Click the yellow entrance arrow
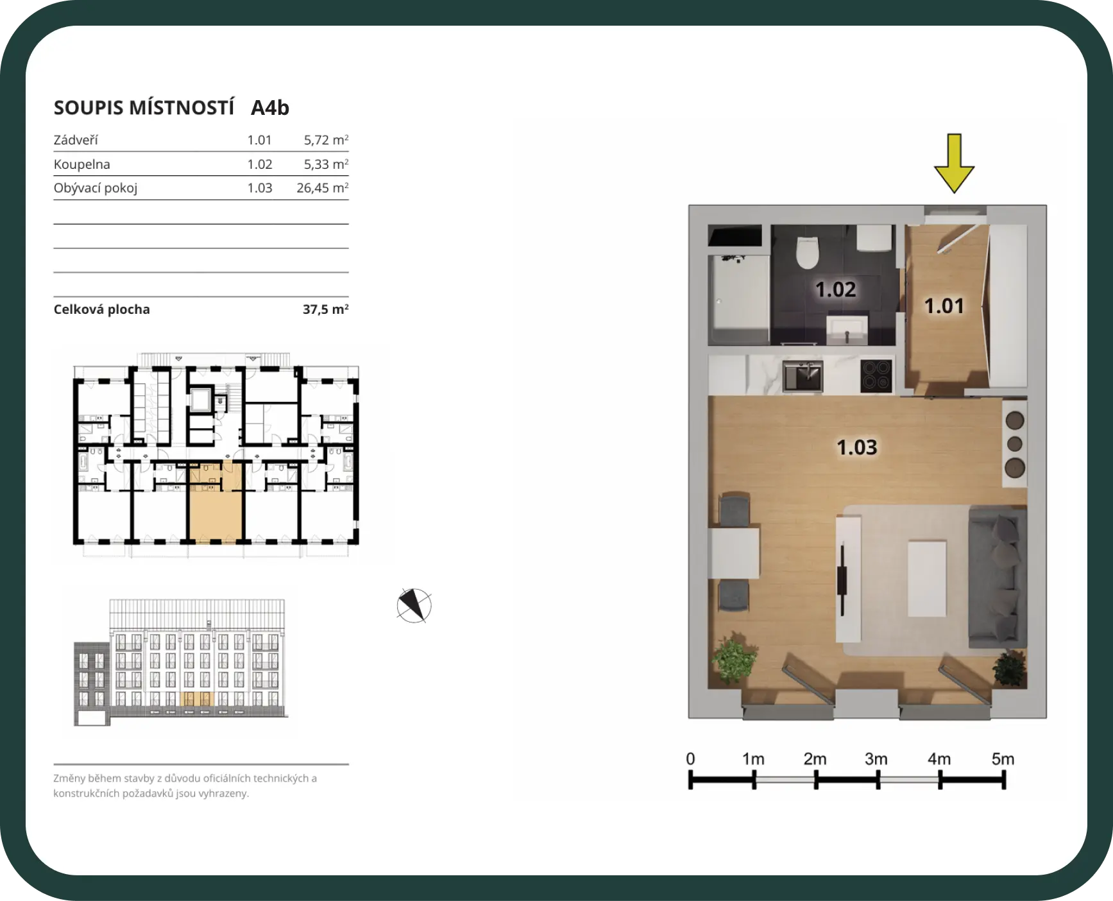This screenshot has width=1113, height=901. pos(954,164)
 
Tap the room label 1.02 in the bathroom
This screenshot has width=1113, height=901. pos(835,289)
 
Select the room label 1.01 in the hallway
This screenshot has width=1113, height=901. pos(944,306)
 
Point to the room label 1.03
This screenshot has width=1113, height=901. pos(856,447)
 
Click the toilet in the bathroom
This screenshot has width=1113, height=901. pos(808,252)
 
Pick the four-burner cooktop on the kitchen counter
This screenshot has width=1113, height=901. pos(876,375)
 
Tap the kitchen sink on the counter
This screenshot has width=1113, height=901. pos(803,376)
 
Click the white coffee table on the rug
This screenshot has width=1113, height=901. pos(927,578)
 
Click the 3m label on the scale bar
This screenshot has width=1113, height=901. pos(876,759)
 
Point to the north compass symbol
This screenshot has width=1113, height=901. pos(414,605)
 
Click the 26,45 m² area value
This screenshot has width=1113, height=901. pos(323,188)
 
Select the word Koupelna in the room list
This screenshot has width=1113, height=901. pos(82,164)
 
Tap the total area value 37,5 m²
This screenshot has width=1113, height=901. pos(326,309)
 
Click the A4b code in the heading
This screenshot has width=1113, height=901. pos(270,108)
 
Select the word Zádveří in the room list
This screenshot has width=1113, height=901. pos(76,140)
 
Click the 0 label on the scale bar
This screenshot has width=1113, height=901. pos(690,759)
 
